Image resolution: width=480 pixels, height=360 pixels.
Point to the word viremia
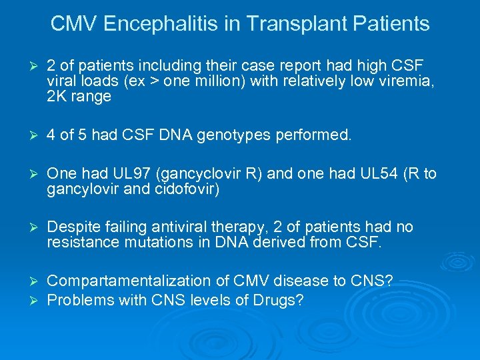point(404,81)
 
